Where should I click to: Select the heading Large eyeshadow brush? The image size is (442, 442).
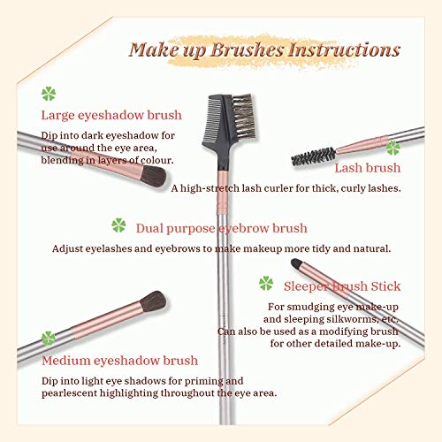(112, 115)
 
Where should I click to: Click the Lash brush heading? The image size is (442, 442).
(367, 167)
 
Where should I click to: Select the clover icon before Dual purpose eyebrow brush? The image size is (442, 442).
(118, 225)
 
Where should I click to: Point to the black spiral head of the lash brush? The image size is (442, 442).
(310, 156)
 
